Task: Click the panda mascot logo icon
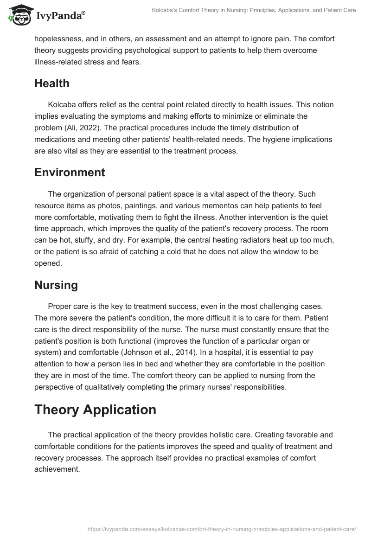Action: click(18, 14)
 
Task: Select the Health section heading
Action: click(52, 83)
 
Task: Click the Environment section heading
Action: click(70, 173)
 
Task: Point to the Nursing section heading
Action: click(56, 286)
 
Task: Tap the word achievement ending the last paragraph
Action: click(57, 469)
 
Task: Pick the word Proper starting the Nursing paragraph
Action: click(59, 306)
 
